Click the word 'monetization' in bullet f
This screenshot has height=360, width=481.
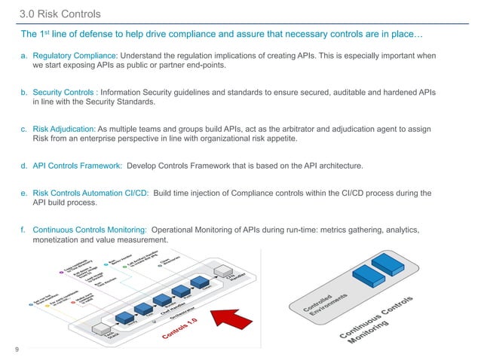(x=57, y=239)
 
